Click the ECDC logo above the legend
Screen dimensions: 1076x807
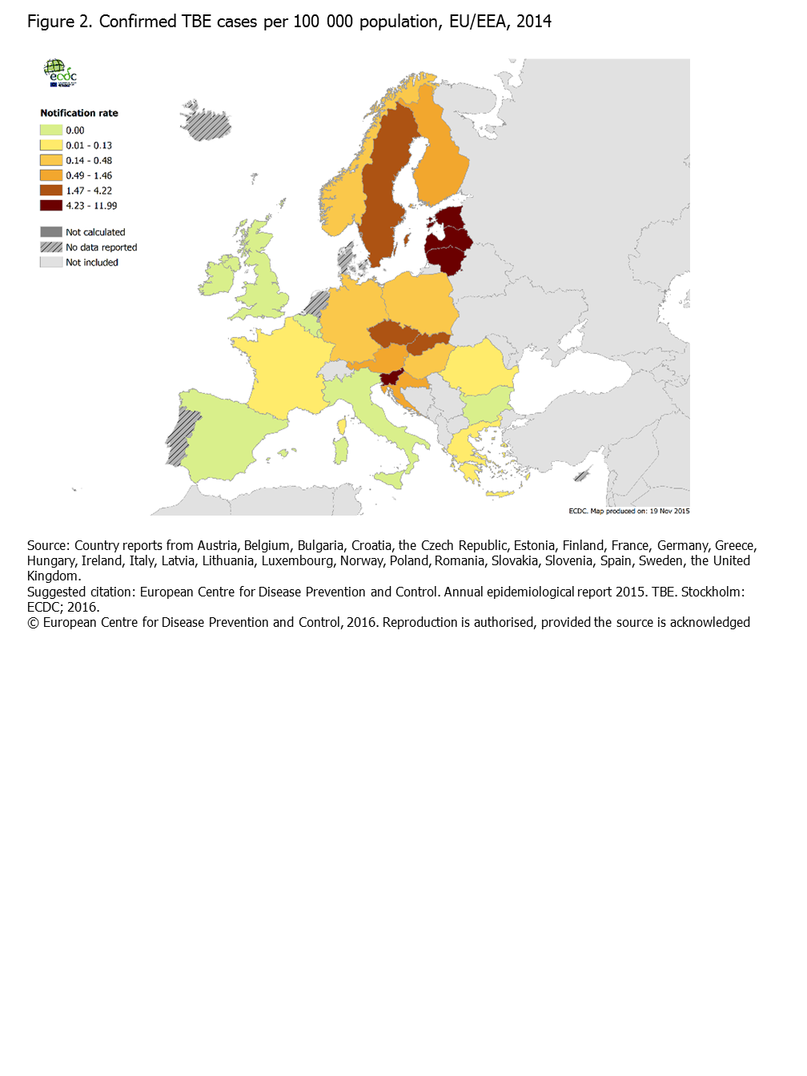point(60,73)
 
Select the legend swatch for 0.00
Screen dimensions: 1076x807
point(51,130)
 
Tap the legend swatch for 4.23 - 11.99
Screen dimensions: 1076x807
point(51,206)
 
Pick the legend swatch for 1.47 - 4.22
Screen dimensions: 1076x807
point(51,191)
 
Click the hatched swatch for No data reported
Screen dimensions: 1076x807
point(51,247)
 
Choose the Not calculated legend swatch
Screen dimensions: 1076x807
point(51,232)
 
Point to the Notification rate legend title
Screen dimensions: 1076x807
point(79,113)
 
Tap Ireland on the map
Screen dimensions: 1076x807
point(219,277)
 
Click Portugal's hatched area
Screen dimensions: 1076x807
point(182,436)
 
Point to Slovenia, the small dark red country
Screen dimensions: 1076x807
point(391,379)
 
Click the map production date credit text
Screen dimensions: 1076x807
point(628,511)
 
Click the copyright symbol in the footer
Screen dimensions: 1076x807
point(33,623)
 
